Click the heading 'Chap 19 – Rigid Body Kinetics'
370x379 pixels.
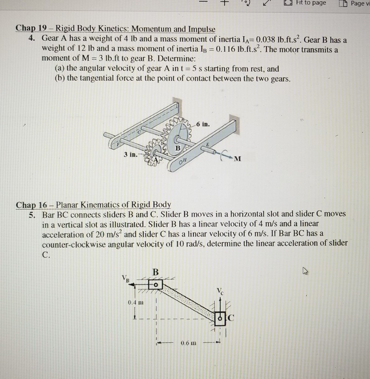[115, 29]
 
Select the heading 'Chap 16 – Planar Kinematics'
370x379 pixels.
[93, 204]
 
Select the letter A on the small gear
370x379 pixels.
[157, 159]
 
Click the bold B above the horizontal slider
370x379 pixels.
[156, 271]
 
